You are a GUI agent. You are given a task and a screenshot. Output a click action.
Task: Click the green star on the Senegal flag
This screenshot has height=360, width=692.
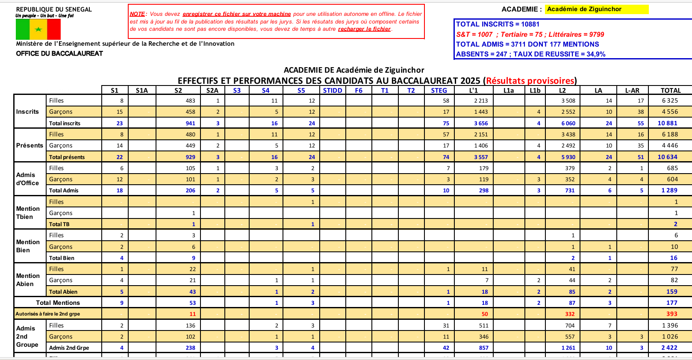(x=38, y=30)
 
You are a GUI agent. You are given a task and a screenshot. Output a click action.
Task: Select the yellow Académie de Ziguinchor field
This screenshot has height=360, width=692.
(x=597, y=9)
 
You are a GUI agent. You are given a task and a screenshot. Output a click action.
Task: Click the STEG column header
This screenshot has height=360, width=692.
(x=439, y=91)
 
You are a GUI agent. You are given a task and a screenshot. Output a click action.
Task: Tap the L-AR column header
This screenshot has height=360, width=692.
(x=632, y=91)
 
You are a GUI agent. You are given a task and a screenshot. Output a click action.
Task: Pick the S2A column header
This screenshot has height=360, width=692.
(x=212, y=91)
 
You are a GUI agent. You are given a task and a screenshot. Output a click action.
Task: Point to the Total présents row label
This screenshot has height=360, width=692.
(x=67, y=157)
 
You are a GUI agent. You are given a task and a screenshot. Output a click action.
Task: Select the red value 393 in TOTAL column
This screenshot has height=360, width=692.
(x=671, y=314)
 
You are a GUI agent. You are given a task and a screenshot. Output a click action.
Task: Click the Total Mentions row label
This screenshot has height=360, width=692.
(x=58, y=303)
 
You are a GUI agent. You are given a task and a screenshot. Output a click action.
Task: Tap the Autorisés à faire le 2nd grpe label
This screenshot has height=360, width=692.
(x=48, y=314)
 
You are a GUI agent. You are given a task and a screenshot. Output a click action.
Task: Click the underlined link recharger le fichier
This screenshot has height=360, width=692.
(x=364, y=29)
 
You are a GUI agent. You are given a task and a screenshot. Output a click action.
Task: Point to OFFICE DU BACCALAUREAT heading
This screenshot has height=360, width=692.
(x=59, y=53)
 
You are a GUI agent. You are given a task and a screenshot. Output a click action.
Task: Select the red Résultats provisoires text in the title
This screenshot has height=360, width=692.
(x=530, y=81)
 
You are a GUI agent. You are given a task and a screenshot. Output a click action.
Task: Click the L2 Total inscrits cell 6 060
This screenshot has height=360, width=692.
(x=568, y=123)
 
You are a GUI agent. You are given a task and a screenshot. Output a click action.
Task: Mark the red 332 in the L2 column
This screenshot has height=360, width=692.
(x=570, y=314)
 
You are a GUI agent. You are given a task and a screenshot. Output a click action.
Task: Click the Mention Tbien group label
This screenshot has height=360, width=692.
(x=28, y=212)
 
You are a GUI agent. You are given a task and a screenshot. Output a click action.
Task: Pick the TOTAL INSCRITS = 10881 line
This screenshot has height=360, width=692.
(x=498, y=24)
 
